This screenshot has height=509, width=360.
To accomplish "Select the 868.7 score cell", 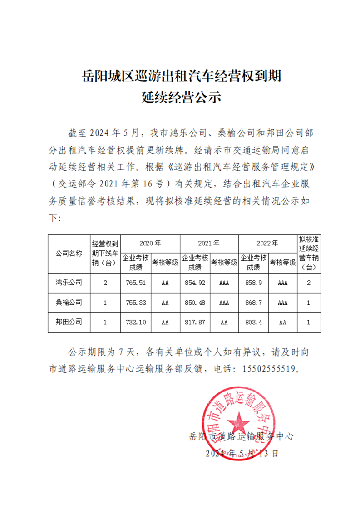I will coord(253,302).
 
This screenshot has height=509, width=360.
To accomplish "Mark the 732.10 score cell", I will coord(136,322).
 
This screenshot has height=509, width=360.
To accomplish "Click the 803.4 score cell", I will coord(253,322).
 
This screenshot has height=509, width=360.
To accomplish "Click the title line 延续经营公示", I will coord(180,97).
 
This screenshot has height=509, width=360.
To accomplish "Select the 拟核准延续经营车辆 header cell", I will coord(309,254).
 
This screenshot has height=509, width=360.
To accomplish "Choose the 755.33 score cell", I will coord(136,302).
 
